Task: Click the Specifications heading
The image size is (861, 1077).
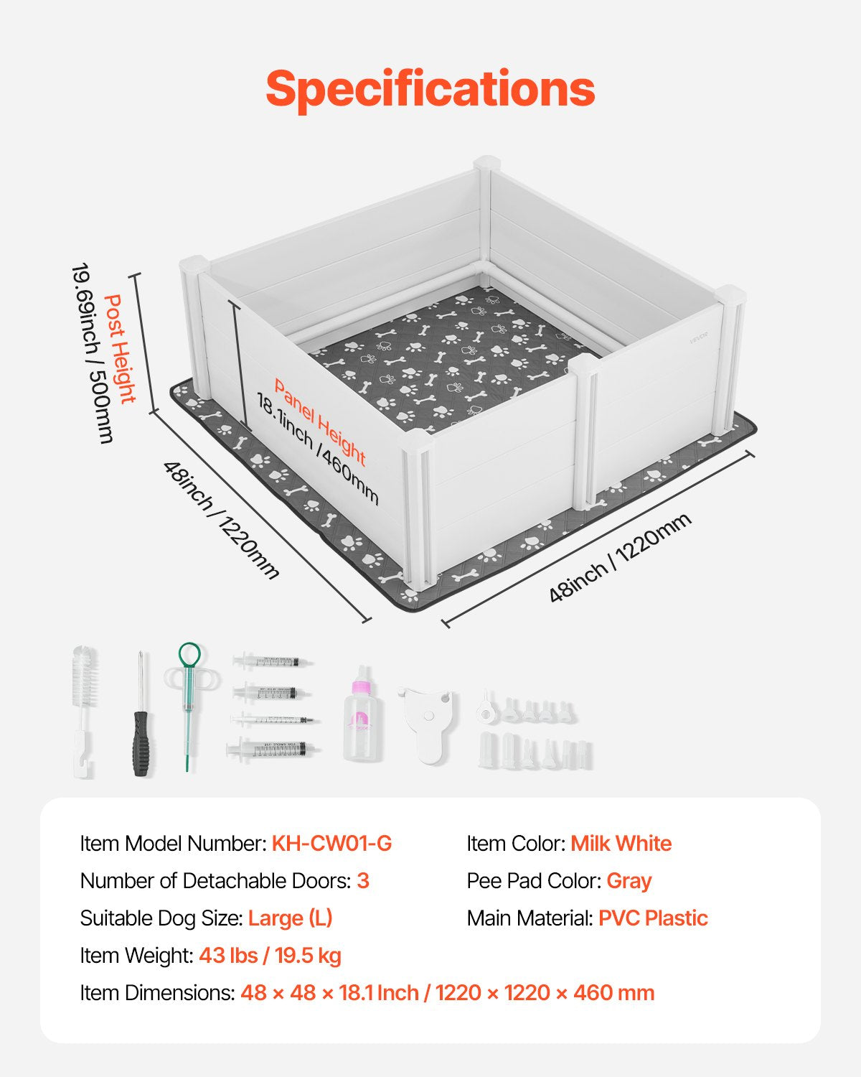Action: point(430,88)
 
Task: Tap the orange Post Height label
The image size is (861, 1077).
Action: point(120,349)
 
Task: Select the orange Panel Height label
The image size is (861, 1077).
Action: point(320,422)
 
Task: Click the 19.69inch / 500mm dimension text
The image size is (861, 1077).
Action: point(92,353)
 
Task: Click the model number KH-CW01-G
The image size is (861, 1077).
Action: point(331,843)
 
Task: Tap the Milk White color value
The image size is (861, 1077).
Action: point(621,843)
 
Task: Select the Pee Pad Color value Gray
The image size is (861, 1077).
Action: point(629,881)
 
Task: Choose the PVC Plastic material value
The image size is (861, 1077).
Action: point(653,918)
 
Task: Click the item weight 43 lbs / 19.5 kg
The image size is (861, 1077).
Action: point(270,956)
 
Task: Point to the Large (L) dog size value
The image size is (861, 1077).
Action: point(290,918)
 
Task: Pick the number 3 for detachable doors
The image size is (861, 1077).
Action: point(363,881)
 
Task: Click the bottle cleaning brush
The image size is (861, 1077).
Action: point(85,711)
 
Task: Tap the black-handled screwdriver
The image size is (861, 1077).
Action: point(141,713)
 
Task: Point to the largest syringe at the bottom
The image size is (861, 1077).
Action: point(272,750)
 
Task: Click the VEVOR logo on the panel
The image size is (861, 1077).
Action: point(699,337)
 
